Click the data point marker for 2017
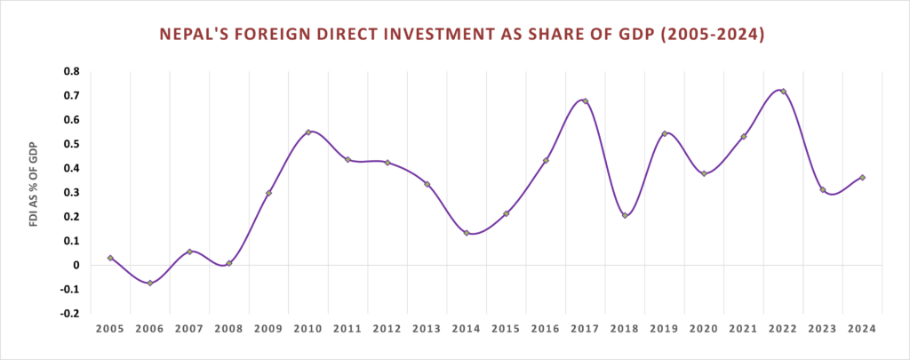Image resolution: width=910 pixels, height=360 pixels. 585,101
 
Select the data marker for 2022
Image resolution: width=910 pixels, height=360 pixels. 783,92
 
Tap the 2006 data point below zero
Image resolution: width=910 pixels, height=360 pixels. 150,283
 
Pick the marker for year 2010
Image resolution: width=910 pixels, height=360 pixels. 308,132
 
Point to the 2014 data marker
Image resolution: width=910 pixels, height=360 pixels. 467,233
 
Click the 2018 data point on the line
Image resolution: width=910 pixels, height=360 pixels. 625,215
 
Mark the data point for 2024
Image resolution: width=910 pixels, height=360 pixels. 862,178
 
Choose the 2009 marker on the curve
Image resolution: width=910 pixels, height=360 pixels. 268,193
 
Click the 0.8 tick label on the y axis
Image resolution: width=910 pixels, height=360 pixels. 70,71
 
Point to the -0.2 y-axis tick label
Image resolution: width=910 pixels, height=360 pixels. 68,313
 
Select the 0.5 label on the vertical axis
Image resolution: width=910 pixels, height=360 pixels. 70,144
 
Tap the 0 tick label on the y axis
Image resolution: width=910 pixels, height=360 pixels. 76,265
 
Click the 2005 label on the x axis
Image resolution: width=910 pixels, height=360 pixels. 110,329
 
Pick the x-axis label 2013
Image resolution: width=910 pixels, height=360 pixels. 427,329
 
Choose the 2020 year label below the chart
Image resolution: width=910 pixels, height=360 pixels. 704,329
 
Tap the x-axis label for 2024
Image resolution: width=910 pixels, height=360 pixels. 862,329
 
